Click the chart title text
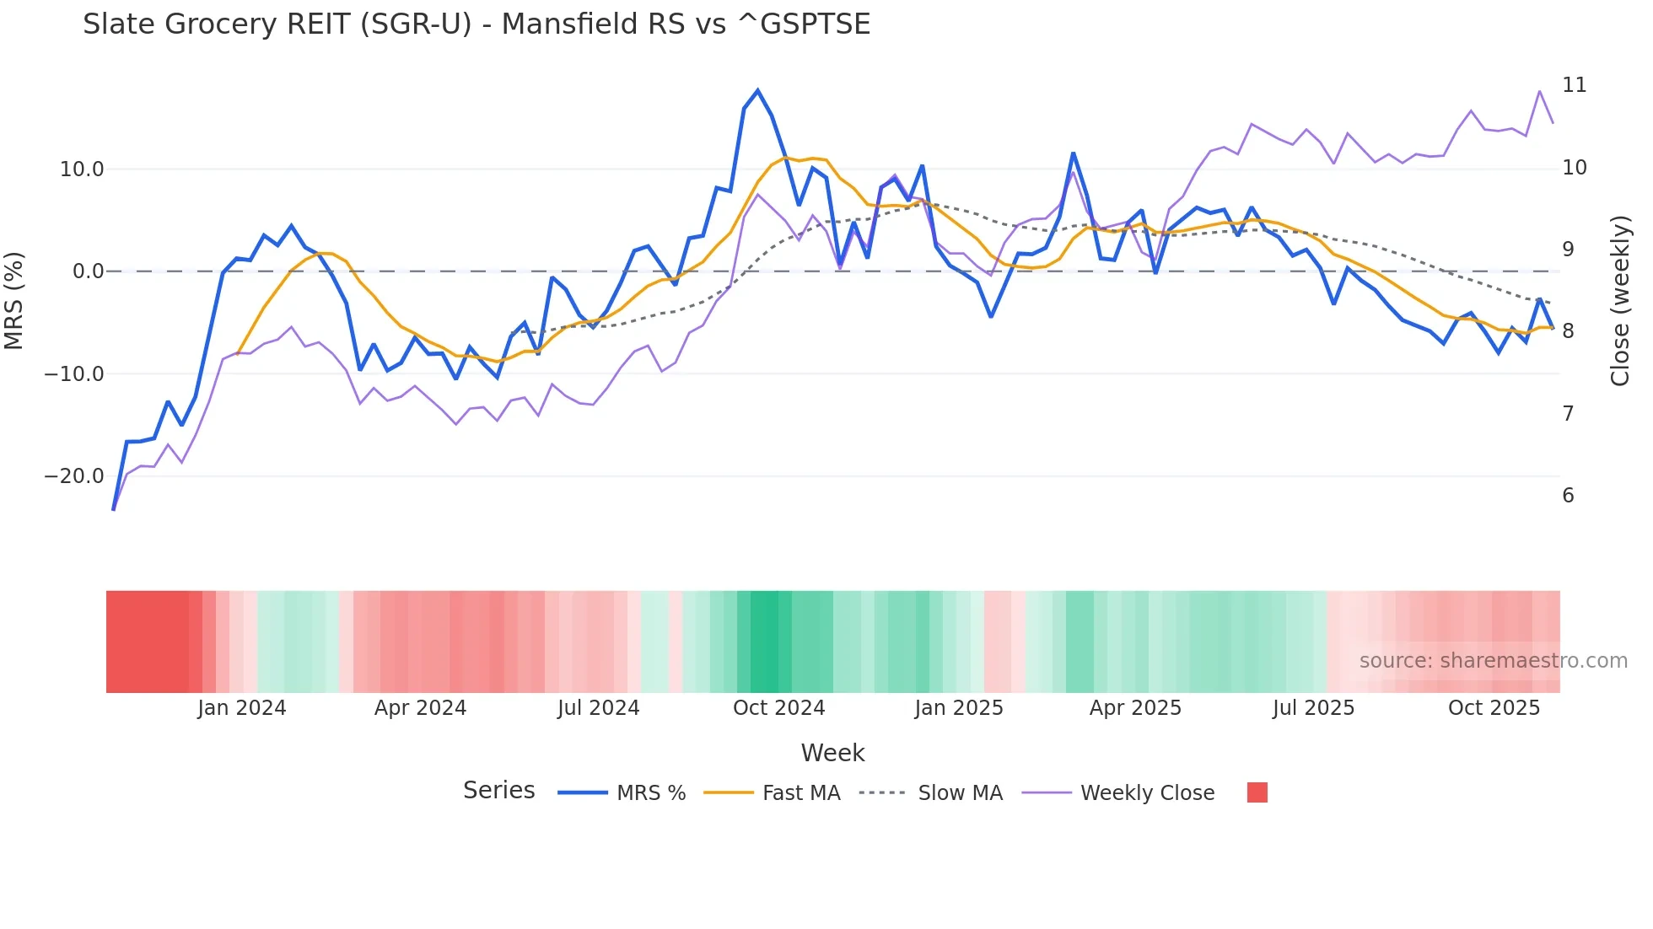pyautogui.click(x=477, y=24)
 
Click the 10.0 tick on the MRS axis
pyautogui.click(x=82, y=169)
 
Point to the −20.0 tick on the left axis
pyautogui.click(x=74, y=476)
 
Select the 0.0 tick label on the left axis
pyautogui.click(x=88, y=271)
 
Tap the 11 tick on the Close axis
pyautogui.click(x=1574, y=85)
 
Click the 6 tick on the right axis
pyautogui.click(x=1568, y=496)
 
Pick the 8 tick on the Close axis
pyautogui.click(x=1568, y=331)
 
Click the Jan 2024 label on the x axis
pyautogui.click(x=242, y=708)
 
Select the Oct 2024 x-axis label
pyautogui.click(x=778, y=708)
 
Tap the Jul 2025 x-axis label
pyautogui.click(x=1313, y=708)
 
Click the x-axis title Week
pyautogui.click(x=832, y=753)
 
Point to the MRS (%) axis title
pyautogui.click(x=14, y=300)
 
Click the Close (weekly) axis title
pyautogui.click(x=1619, y=300)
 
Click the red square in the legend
pyautogui.click(x=1257, y=792)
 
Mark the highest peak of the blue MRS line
pyautogui.click(x=757, y=90)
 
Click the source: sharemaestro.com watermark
pyautogui.click(x=1493, y=661)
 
